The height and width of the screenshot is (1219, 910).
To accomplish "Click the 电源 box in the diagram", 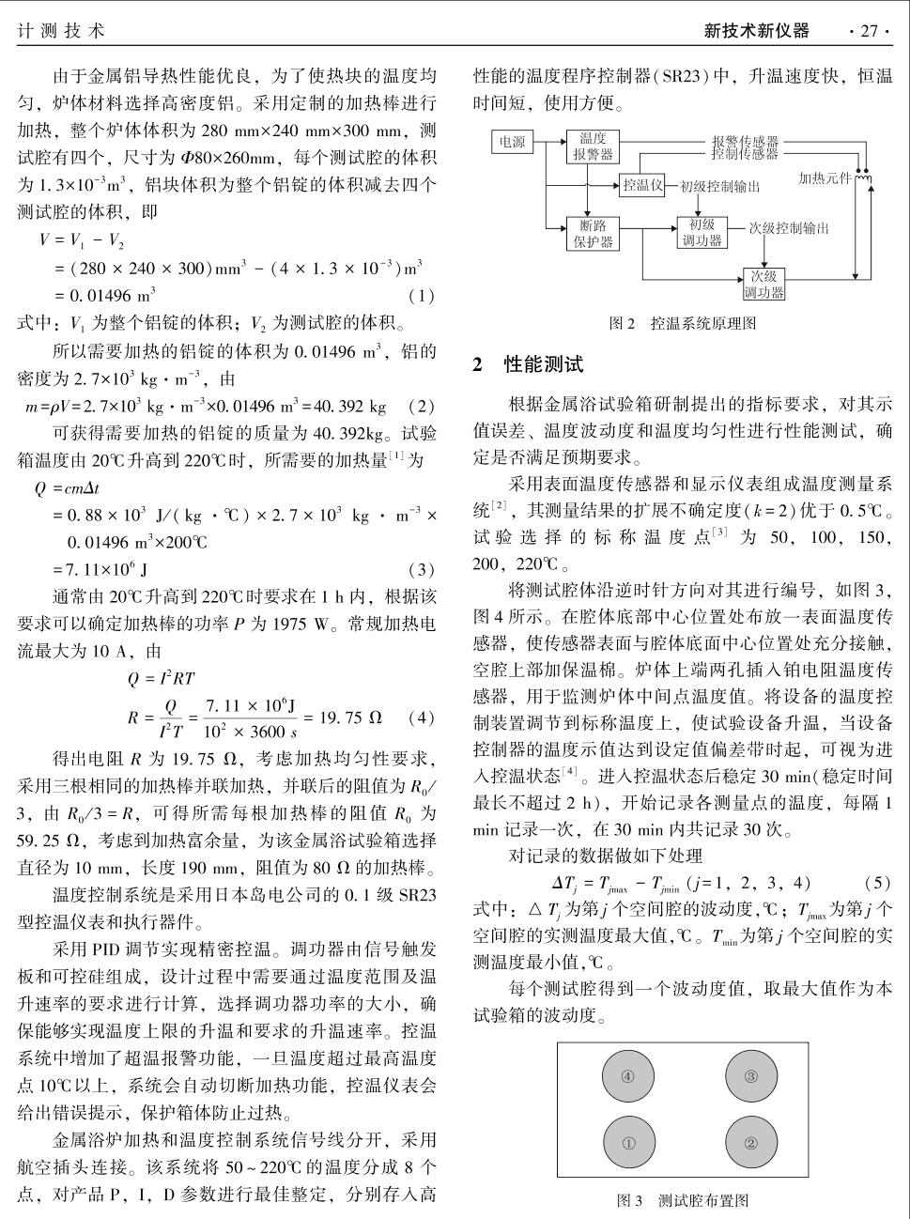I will pos(512,142).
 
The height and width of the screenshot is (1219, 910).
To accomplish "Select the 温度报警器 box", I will pos(592,147).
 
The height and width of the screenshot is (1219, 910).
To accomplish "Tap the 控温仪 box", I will pos(642,185).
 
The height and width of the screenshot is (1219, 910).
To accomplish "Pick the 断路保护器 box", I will pos(592,234).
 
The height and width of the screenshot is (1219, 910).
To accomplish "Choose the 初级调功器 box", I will pos(702,232).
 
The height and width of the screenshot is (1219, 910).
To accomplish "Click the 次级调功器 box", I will pos(763,284).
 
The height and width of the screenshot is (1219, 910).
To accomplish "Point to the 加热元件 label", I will pos(825,177).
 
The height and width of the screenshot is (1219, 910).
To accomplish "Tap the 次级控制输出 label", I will pos(789,228).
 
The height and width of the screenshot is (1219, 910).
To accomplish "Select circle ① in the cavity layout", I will pos(628,1143).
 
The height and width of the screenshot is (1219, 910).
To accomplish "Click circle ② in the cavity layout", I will pos(750,1143).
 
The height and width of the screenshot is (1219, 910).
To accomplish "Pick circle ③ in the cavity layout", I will pos(750,1076).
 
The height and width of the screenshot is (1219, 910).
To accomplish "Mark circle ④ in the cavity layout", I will pos(628,1076).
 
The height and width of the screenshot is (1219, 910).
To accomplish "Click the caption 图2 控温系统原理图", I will pos(682,323).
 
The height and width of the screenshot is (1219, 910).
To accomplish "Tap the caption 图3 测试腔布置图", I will pos(682,1200).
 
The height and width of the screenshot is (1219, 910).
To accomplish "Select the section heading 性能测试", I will pos(543,364).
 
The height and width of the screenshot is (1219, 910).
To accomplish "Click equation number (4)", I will pos(422,718).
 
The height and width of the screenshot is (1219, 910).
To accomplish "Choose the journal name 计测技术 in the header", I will pos(61,31).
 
